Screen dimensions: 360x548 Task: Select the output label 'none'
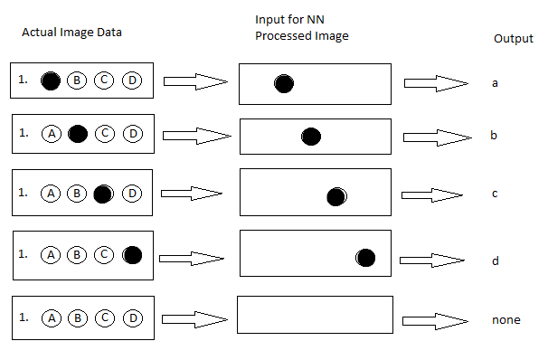pos(507,319)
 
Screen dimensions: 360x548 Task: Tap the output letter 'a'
pos(495,83)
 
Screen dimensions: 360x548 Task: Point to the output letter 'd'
pos(495,261)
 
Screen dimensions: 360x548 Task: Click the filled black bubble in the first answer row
pos(52,81)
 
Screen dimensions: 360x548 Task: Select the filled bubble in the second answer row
pos(79,135)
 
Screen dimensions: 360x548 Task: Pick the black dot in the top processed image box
pos(284,84)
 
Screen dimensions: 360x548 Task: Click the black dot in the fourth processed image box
pos(365,258)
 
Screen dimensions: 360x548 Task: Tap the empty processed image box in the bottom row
pos(315,316)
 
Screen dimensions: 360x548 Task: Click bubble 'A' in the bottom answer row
pos(52,317)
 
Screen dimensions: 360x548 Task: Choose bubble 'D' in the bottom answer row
pos(132,317)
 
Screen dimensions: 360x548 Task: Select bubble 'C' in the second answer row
pos(105,135)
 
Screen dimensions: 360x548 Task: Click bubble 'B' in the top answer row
pos(79,81)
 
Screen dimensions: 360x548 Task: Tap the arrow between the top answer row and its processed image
pos(194,83)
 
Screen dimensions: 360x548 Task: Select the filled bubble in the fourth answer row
pos(132,255)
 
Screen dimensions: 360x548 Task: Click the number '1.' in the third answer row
pos(23,191)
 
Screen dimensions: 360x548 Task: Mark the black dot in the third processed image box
pos(337,196)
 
